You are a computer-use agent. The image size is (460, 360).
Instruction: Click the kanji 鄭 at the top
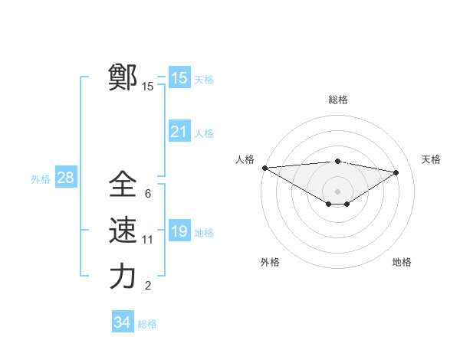pyautogui.click(x=123, y=78)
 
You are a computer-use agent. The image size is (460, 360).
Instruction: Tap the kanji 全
pyautogui.click(x=123, y=184)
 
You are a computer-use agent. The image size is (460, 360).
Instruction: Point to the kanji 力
pyautogui.click(x=123, y=277)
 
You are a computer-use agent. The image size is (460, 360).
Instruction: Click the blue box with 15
pyautogui.click(x=179, y=78)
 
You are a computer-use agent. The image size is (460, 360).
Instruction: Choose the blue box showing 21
pyautogui.click(x=179, y=132)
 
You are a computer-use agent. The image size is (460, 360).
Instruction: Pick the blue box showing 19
pyautogui.click(x=179, y=231)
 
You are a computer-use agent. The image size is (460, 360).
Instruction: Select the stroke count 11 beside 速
pyautogui.click(x=148, y=240)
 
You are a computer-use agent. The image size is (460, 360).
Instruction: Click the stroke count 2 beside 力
pyautogui.click(x=147, y=286)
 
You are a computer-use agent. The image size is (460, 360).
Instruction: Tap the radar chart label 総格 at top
pyautogui.click(x=337, y=100)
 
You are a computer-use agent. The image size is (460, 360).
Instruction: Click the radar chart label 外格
pyautogui.click(x=270, y=262)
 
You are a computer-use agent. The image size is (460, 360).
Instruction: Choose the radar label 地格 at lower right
pyautogui.click(x=402, y=262)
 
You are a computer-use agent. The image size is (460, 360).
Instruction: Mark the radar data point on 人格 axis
pyautogui.click(x=264, y=167)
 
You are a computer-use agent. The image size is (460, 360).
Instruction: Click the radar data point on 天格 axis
pyautogui.click(x=396, y=172)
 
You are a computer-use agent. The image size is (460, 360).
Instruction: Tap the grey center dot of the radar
pyautogui.click(x=337, y=191)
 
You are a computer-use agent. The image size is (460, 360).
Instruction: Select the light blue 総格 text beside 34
pyautogui.click(x=147, y=324)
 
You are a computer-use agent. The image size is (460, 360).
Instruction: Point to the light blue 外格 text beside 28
pyautogui.click(x=41, y=179)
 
